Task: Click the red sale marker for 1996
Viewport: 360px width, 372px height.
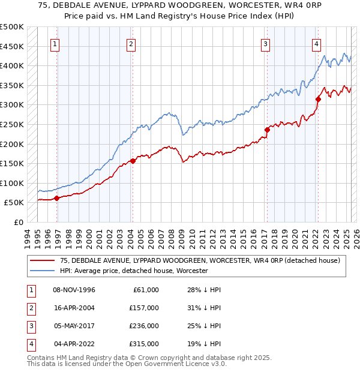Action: tap(56, 198)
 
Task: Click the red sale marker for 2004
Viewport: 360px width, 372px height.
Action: tap(133, 161)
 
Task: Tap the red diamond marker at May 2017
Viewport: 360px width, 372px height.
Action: tap(267, 130)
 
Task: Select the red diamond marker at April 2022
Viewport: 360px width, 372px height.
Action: tap(318, 99)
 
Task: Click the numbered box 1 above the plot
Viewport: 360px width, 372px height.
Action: tap(55, 43)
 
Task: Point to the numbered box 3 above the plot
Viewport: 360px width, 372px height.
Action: tap(265, 43)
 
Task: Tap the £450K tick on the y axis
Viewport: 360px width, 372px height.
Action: tap(12, 46)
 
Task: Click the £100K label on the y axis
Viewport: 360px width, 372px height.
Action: tap(12, 183)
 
